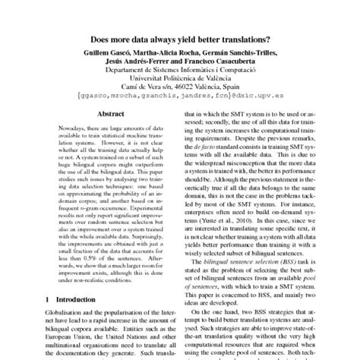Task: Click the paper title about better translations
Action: [179, 41]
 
